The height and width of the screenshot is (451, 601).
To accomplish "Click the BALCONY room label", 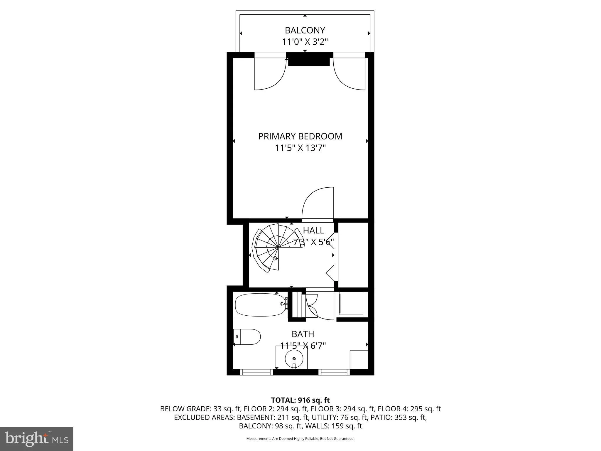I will coord(305,31).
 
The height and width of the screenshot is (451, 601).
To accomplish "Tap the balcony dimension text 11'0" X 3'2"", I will coord(305,42).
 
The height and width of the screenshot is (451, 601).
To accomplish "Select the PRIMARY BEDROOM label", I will coord(300,136).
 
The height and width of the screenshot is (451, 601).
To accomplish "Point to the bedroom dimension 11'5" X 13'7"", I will coord(300,148).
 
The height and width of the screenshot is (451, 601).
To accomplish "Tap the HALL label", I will coord(313,230).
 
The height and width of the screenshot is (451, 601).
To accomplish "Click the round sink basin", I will coord(294,359).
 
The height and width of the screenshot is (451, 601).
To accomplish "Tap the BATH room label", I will coord(303,334).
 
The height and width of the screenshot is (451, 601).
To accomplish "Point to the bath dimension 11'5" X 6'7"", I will coord(303,346).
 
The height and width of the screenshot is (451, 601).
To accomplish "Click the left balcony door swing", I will coord(270,73).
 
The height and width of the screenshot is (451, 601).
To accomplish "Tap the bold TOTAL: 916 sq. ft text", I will coord(300,400).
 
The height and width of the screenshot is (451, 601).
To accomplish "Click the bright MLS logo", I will coord(37,439).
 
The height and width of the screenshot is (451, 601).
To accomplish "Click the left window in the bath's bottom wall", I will coord(256,372).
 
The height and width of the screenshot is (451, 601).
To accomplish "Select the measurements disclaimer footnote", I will coord(300,439).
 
